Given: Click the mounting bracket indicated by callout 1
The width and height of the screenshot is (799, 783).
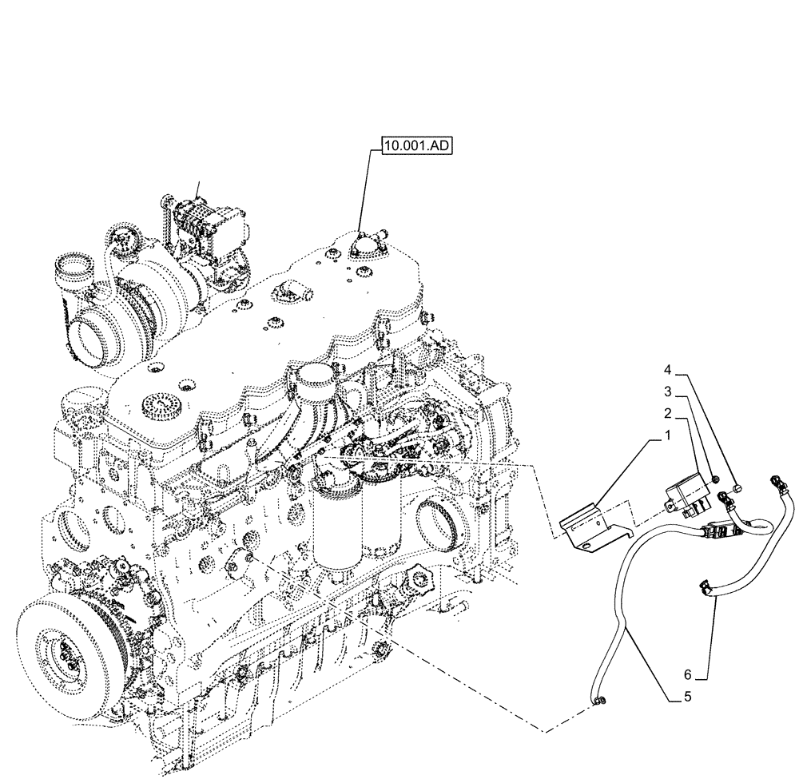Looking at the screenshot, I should click(586, 530).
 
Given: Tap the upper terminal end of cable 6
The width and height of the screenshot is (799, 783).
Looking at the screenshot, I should click(777, 480).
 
